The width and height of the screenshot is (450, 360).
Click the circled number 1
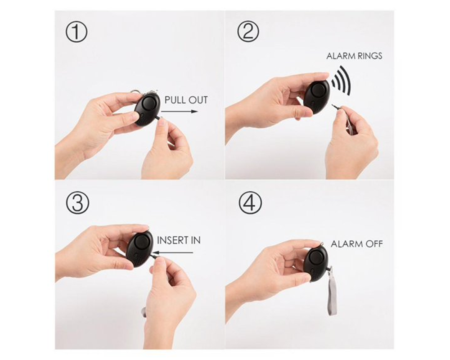(x=76, y=33)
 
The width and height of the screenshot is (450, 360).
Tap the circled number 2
(x=248, y=33)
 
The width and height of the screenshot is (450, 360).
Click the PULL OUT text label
(x=186, y=100)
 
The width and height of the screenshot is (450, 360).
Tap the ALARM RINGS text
(x=354, y=56)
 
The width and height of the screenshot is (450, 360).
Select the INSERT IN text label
(x=179, y=241)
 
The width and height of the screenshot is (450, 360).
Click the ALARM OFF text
(x=357, y=244)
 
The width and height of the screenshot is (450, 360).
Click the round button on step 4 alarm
(x=317, y=257)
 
